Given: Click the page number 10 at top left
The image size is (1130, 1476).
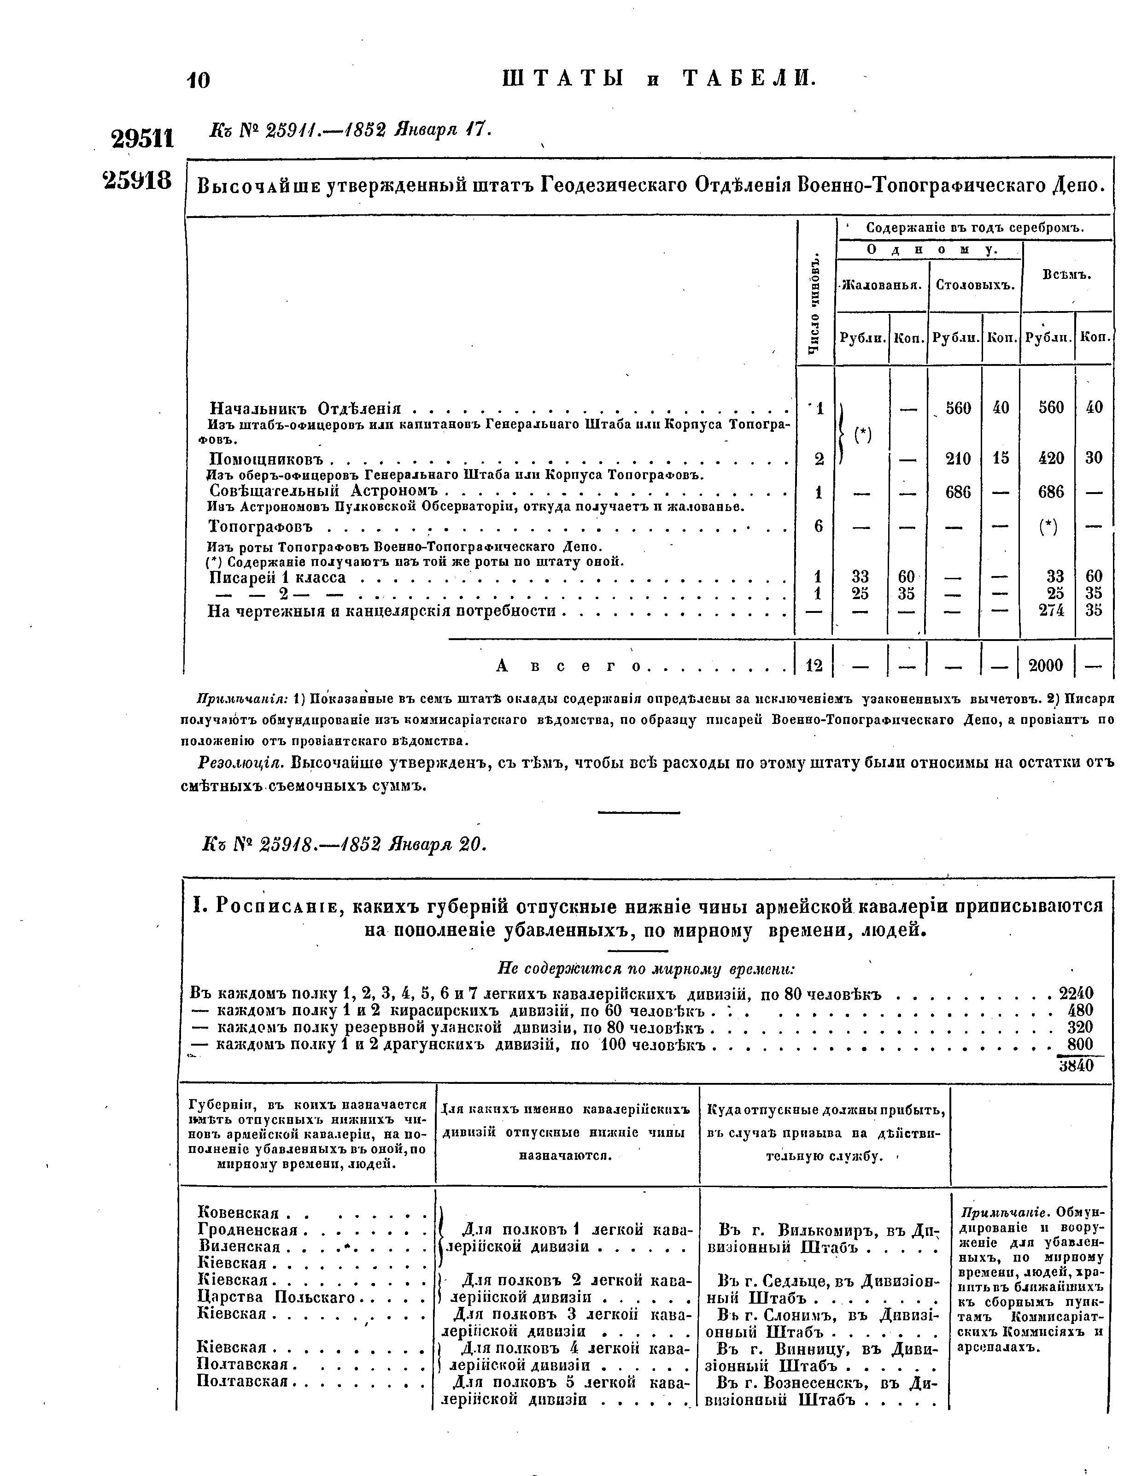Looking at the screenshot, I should [x=199, y=80].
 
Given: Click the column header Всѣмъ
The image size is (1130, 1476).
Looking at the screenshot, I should [x=1067, y=275].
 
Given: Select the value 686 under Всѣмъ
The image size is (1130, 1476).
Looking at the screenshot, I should [x=1051, y=492].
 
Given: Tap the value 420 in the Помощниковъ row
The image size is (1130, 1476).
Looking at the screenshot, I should [x=1051, y=458].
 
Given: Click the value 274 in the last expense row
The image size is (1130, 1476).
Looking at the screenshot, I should [x=1051, y=610].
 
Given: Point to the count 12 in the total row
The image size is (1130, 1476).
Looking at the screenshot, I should [x=814, y=665].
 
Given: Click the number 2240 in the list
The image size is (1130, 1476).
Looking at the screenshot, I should [x=1076, y=993].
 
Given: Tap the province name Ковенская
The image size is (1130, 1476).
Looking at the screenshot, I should [x=238, y=1213].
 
